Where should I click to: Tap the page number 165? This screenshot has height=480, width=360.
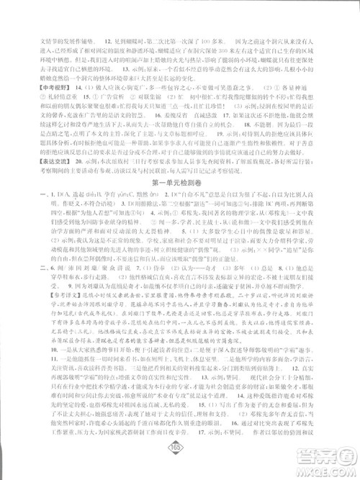click(180, 461)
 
